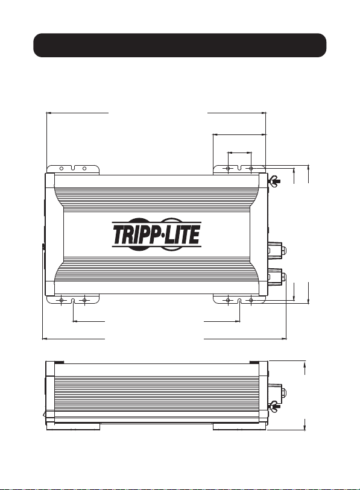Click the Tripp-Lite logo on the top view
click(x=156, y=234)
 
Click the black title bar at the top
click(x=180, y=45)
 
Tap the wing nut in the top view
click(x=274, y=180)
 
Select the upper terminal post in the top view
click(x=277, y=250)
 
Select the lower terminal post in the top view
click(x=277, y=277)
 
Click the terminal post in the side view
click(x=277, y=392)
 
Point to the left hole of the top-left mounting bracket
click(x=62, y=168)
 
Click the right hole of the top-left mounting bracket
click(x=84, y=168)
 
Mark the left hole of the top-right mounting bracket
click(x=228, y=168)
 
